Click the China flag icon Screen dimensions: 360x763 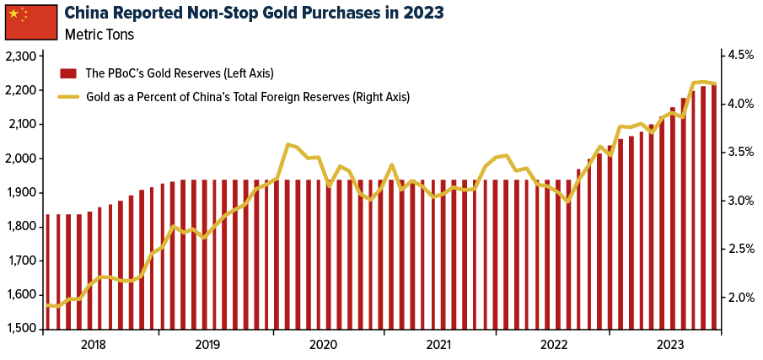[x=29, y=22]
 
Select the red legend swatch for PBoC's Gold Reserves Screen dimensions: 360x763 [x=68, y=73]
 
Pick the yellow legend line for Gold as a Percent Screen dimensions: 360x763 [x=68, y=97]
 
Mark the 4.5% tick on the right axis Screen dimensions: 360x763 [x=739, y=56]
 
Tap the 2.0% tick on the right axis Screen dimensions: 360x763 [x=739, y=298]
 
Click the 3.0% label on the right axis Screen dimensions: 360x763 [x=739, y=201]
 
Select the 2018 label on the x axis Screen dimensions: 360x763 [x=94, y=344]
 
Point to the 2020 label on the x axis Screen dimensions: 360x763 [x=324, y=344]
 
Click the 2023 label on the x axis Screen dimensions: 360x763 [x=671, y=344]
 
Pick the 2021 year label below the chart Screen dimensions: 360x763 [x=439, y=344]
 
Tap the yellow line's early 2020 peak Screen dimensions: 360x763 [x=288, y=144]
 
